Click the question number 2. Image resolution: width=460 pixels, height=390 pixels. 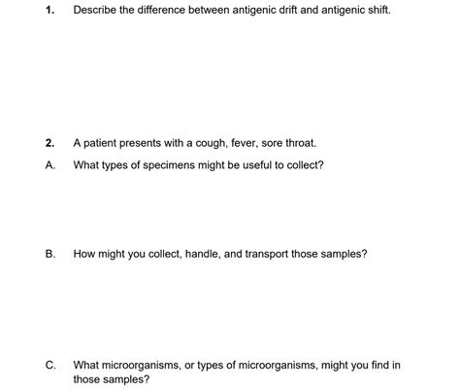49,143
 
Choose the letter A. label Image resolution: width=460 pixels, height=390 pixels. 49,165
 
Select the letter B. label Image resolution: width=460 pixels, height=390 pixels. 49,255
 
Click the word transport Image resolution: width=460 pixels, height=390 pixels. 259,255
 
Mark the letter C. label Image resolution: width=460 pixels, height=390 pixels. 49,366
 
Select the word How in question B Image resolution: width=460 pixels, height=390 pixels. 83,255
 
